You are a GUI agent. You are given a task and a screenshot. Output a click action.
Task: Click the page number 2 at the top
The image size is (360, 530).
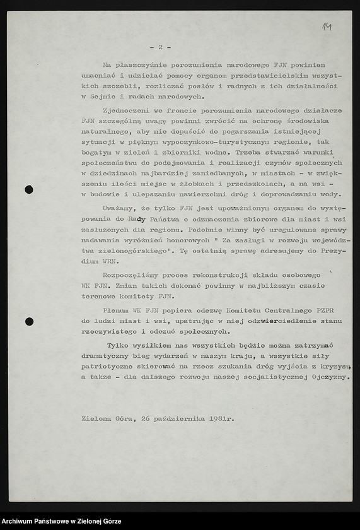[160, 47]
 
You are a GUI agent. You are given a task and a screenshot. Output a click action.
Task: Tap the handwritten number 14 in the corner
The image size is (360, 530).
[327, 26]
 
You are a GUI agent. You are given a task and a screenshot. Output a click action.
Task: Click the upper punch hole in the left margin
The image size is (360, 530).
[29, 189]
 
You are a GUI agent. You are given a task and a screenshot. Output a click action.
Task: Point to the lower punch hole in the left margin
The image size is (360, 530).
[29, 321]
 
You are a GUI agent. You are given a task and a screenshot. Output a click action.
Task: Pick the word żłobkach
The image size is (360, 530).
[201, 183]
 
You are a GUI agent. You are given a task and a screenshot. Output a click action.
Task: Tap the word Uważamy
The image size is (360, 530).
[119, 208]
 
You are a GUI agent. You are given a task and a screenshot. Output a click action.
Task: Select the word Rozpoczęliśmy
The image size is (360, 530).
[134, 274]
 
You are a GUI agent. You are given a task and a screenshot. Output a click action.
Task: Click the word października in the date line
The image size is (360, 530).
[181, 418]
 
